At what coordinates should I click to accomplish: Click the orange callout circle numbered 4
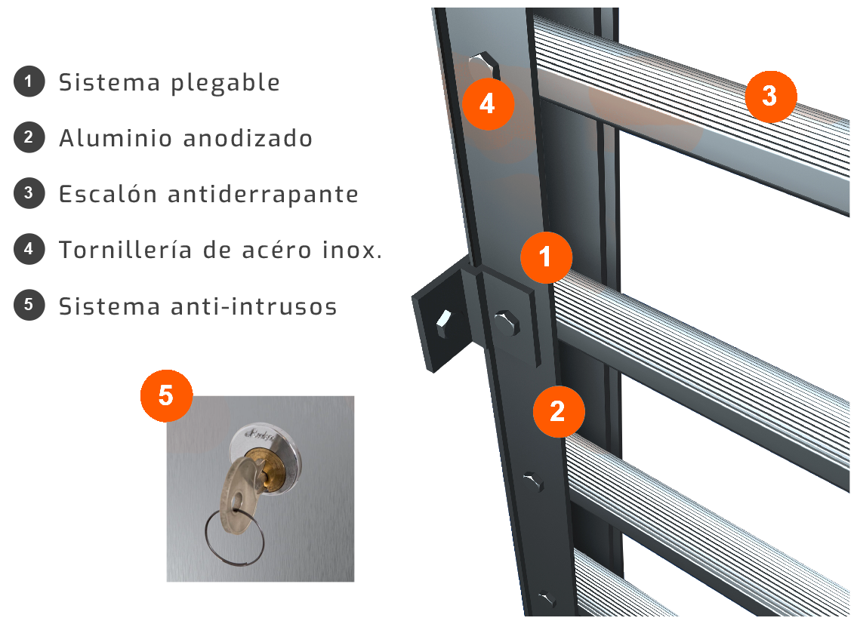(488, 103)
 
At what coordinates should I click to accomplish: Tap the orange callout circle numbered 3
(770, 96)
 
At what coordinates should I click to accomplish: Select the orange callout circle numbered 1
(545, 257)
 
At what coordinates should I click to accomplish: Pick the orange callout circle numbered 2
(559, 411)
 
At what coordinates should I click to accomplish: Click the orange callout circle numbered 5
(166, 395)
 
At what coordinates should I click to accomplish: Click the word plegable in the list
(225, 83)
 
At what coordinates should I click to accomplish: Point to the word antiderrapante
(263, 194)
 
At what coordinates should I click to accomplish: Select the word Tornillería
(125, 250)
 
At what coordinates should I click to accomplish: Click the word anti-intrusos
(254, 306)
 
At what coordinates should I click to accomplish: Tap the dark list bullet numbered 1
(29, 81)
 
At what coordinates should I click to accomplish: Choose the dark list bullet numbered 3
(29, 193)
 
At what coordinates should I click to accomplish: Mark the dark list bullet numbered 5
(29, 304)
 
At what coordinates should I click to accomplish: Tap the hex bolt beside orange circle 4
(483, 66)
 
